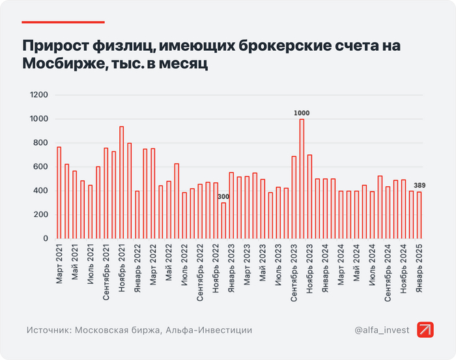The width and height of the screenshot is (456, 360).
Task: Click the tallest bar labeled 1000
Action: [x=302, y=179]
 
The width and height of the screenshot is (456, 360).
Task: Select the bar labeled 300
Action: [x=223, y=221]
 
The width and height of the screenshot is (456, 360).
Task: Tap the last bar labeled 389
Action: [x=420, y=215]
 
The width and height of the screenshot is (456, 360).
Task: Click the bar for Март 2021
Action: [x=59, y=193]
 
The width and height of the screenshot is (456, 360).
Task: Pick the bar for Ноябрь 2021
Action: [x=121, y=182]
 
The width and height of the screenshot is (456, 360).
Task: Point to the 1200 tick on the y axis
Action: [x=40, y=95]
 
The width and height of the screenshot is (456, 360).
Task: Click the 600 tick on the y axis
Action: [x=42, y=167]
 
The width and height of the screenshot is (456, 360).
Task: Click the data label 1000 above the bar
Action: [x=302, y=113]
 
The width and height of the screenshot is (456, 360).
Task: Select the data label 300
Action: [x=223, y=197]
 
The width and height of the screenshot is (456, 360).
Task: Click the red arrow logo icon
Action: [x=426, y=331]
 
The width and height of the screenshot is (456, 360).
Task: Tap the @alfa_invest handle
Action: [x=382, y=331]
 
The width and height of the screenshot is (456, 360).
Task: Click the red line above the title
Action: [x=63, y=22]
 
